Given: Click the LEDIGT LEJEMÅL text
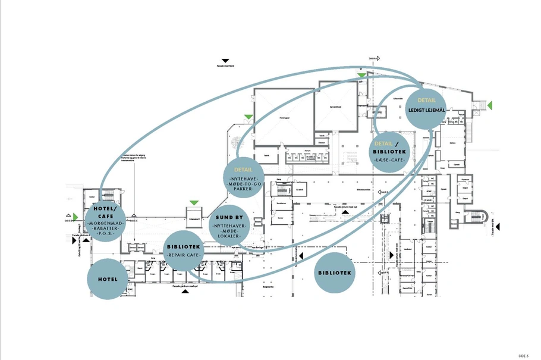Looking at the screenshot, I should (x=426, y=109).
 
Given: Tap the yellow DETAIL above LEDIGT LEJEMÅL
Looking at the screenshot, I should (x=426, y=101).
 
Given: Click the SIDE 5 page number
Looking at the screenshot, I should (x=523, y=355).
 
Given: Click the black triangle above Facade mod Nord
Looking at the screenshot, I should (x=225, y=61).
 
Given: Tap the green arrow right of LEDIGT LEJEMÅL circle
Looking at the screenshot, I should (x=490, y=105).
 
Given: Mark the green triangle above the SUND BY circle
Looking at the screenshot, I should (x=193, y=204).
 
